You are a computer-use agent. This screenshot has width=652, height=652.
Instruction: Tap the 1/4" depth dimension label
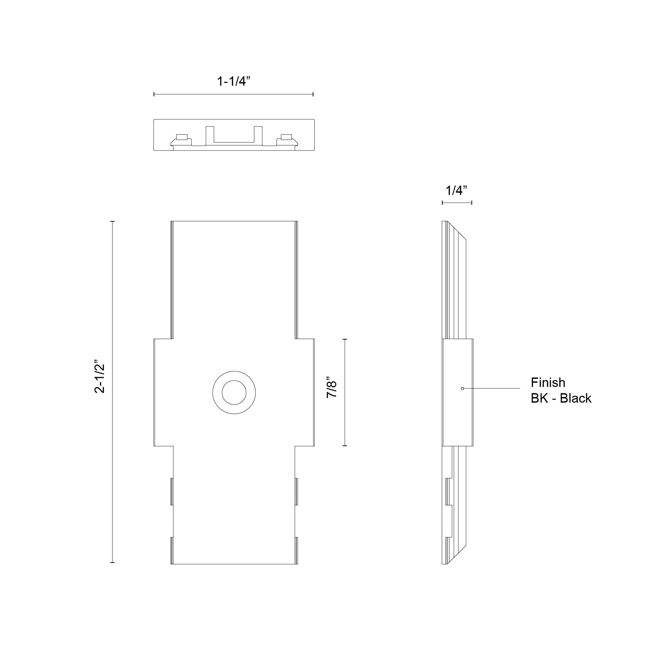456,191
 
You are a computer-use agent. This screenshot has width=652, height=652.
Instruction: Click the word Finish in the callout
548,383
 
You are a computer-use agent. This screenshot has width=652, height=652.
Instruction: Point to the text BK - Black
561,399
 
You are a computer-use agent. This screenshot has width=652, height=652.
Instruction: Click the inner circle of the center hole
234,393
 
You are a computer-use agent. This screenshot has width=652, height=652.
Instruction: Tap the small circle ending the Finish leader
462,389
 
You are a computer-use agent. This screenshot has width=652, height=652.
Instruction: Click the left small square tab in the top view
182,137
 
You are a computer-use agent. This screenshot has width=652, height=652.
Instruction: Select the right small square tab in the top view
286,137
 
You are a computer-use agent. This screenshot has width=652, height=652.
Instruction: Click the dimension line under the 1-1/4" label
233,94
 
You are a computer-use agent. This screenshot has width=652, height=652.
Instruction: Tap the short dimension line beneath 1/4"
457,203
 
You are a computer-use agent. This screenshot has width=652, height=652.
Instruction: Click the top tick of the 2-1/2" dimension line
112,221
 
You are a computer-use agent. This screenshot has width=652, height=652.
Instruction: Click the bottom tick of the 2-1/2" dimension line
112,563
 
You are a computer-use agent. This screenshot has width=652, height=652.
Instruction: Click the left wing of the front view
164,393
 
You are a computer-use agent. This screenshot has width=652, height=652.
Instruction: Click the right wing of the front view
305,393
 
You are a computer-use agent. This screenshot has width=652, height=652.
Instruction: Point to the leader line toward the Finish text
493,389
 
